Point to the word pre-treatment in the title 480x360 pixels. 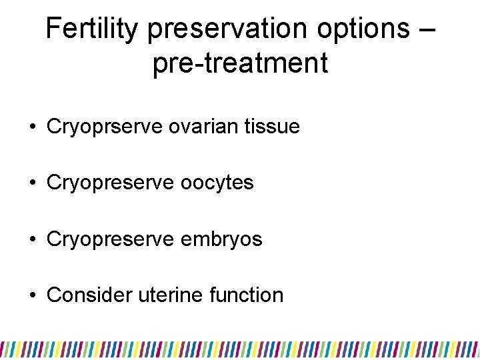[240, 64]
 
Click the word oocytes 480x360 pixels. [217, 183]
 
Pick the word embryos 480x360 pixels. [225, 239]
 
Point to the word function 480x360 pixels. [248, 295]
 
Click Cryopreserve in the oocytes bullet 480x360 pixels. [111, 183]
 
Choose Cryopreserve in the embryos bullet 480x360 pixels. [111, 239]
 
